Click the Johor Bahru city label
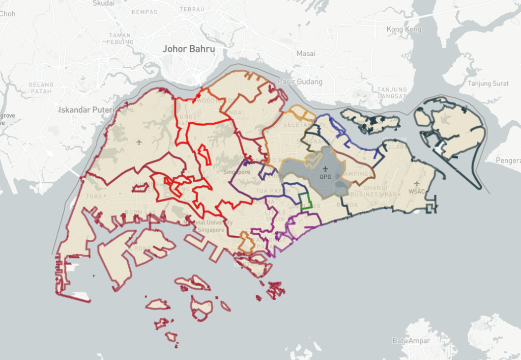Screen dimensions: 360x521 click(x=188, y=49)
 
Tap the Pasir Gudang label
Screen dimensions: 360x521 click(x=300, y=81)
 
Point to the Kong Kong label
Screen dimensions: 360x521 click(x=404, y=30)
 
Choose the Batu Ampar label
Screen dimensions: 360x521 click(x=411, y=340)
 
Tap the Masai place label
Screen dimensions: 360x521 click(x=306, y=53)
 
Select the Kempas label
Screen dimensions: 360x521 click(x=144, y=12)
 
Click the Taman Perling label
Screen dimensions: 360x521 click(x=120, y=38)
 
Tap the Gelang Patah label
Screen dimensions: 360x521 click(x=41, y=88)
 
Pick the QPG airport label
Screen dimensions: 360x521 click(x=325, y=177)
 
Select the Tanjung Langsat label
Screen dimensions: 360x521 click(x=392, y=92)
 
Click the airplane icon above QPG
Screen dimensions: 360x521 click(x=325, y=169)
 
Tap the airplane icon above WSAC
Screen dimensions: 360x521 click(x=417, y=183)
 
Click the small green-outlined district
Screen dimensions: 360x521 click(x=305, y=202)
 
